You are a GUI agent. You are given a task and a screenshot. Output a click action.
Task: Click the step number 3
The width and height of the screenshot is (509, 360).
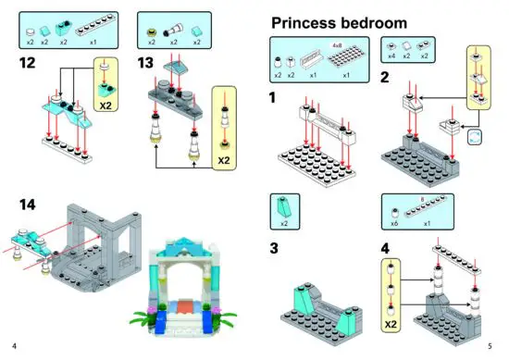[x=274, y=247]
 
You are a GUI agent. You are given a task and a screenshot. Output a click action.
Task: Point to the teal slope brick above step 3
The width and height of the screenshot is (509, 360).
[x=282, y=208]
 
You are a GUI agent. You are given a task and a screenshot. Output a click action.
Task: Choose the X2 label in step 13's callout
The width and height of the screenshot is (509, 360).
[x=223, y=158]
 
